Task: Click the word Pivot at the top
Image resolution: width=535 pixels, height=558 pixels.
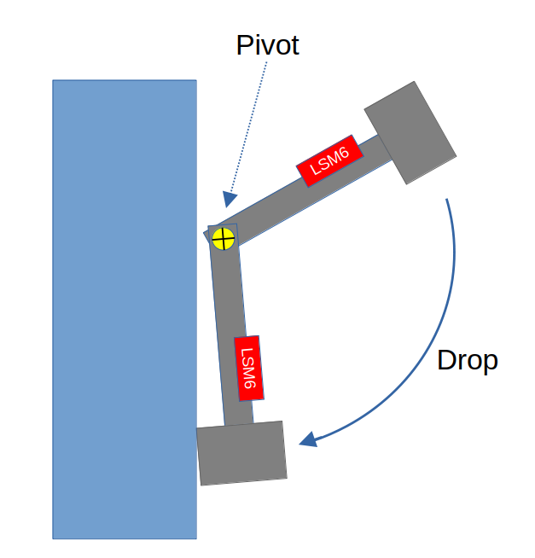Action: click(267, 45)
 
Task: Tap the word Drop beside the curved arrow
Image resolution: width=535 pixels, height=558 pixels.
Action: click(467, 360)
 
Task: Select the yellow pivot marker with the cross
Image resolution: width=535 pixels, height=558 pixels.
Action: click(223, 239)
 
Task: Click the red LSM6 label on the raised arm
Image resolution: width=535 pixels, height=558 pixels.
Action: click(331, 160)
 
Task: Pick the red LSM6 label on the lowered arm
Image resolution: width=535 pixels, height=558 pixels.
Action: click(248, 368)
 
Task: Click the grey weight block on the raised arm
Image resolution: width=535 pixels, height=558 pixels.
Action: click(410, 132)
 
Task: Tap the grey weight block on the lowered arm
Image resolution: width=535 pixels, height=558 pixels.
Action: click(241, 452)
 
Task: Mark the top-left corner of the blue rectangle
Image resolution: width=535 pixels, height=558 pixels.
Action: click(54, 81)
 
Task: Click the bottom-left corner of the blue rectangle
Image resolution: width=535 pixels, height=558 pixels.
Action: click(54, 538)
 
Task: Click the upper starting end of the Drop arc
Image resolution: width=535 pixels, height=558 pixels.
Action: click(446, 200)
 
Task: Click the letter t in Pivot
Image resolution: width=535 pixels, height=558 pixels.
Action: click(294, 45)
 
